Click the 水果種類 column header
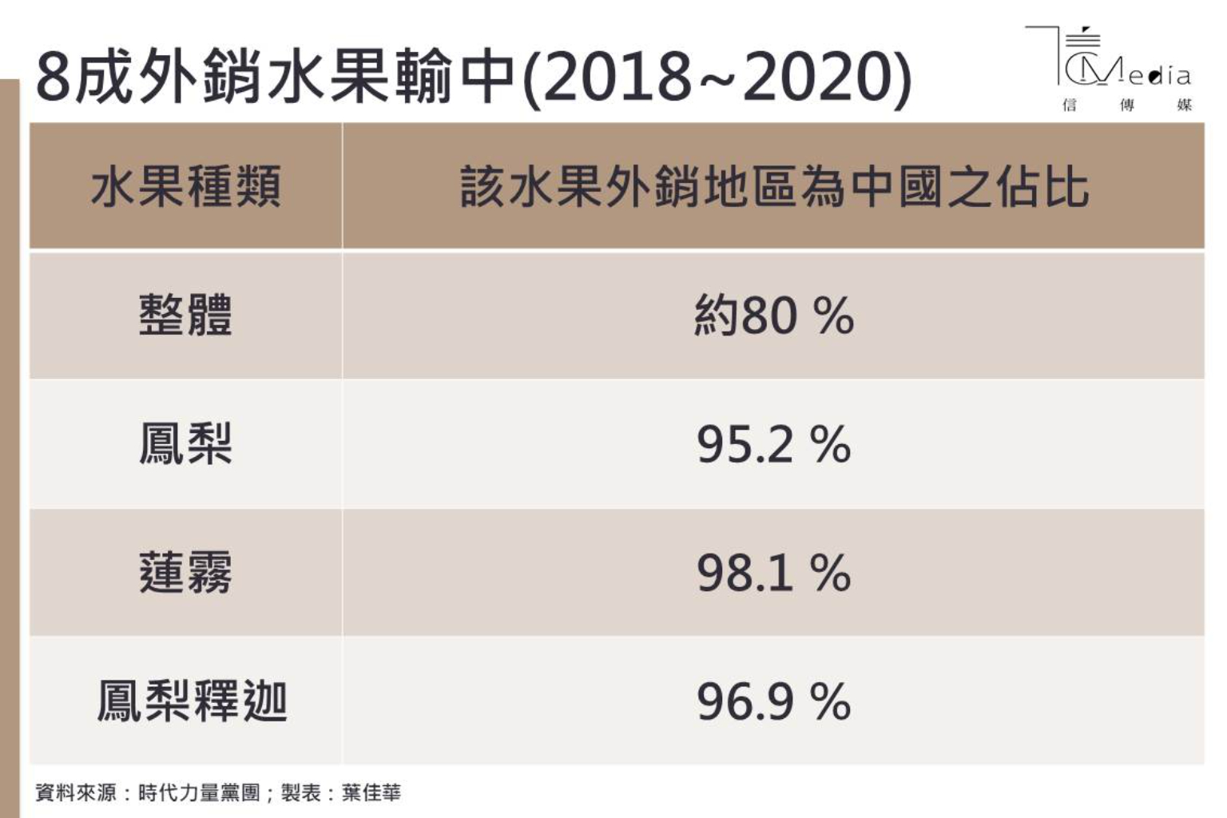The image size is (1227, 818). (185, 187)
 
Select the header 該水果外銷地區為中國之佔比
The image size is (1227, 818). (773, 187)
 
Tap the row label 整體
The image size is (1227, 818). (185, 315)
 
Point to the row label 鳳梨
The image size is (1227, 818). (185, 443)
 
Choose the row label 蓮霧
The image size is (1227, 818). (185, 572)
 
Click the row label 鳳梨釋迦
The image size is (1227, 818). (192, 701)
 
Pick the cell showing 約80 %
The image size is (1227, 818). (773, 315)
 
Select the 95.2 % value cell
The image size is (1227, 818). (773, 443)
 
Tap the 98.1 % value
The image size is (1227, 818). (773, 572)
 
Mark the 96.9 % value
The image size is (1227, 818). (773, 701)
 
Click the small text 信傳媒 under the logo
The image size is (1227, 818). (1126, 105)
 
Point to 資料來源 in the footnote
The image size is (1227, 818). (75, 792)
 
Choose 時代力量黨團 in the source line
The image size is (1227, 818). (199, 792)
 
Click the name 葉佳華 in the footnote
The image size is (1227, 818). (371, 792)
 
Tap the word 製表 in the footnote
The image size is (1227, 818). (301, 792)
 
